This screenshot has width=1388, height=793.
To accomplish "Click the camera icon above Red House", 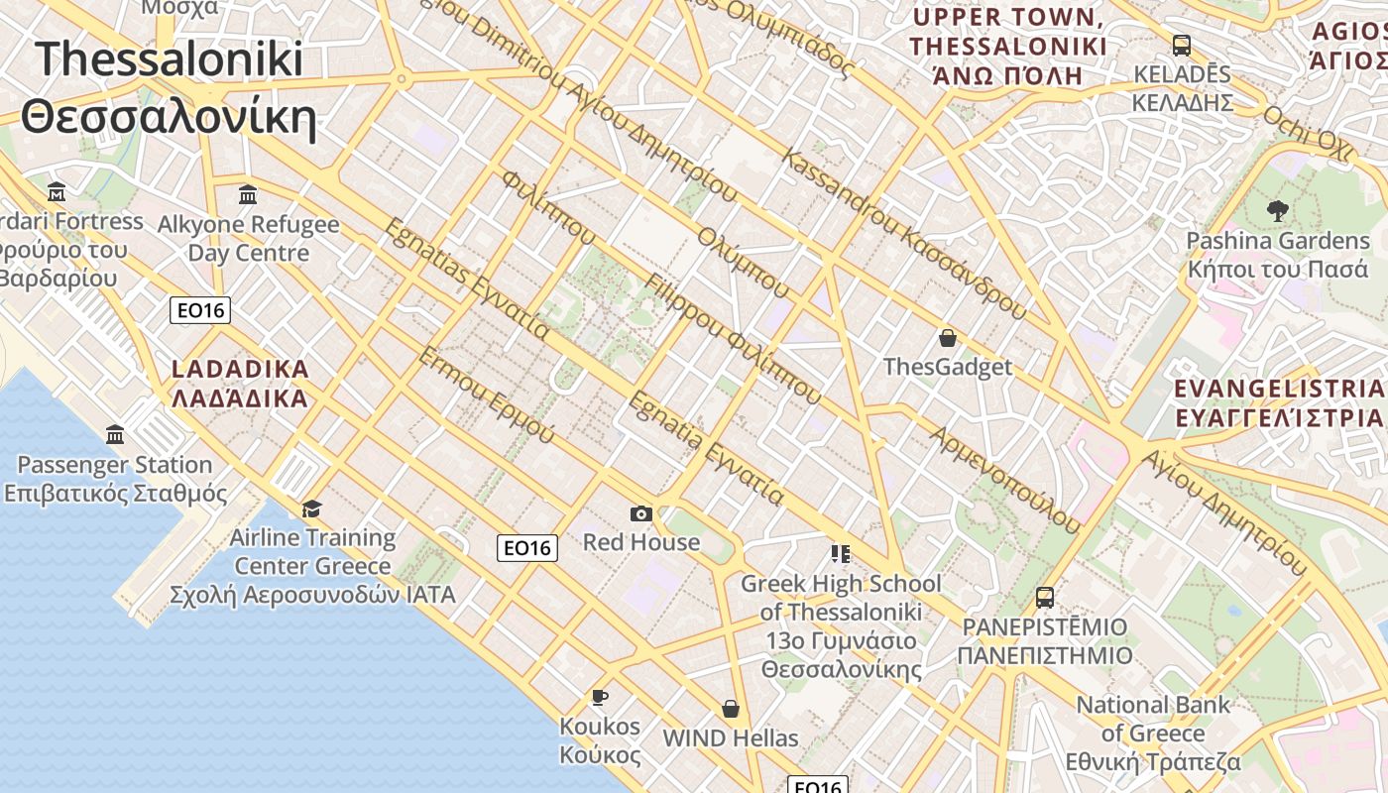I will click(641, 513).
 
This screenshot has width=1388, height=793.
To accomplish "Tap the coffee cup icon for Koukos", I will click(600, 697).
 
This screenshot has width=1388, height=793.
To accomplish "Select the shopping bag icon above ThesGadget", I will click(948, 338).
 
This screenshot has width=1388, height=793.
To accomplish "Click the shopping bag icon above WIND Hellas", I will click(731, 709).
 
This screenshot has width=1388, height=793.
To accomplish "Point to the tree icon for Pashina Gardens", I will click(1277, 210).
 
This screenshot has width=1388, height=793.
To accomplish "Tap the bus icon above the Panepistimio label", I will click(1045, 597).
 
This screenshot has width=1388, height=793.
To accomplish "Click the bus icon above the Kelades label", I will click(1182, 45).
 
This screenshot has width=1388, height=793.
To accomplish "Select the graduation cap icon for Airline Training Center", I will click(312, 509).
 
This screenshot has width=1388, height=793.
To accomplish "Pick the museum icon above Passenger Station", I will click(115, 434).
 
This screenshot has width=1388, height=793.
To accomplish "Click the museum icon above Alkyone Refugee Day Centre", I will click(248, 193).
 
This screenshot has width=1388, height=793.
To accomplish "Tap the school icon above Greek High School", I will click(841, 553).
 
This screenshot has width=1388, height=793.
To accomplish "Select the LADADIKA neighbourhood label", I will click(240, 384).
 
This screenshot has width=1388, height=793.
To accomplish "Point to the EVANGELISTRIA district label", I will click(1279, 402).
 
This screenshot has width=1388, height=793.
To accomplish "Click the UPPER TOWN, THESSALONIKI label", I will click(1008, 47).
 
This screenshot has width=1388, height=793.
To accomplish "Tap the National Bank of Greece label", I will click(1153, 734).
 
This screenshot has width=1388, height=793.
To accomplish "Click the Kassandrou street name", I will click(902, 234).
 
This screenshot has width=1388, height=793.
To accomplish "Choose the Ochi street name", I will click(1307, 130).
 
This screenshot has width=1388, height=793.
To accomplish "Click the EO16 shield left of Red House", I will click(527, 547).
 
